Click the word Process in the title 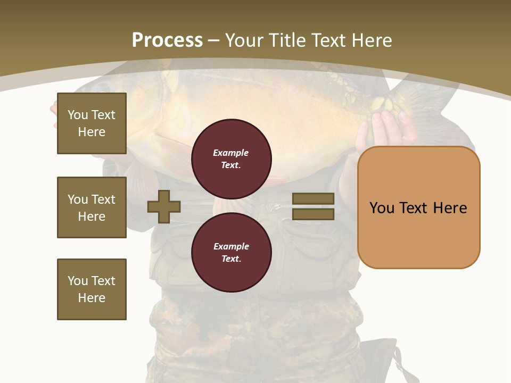[x=167, y=40]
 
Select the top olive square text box [x=92, y=123]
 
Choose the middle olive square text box [x=92, y=207]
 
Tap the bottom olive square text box [x=92, y=289]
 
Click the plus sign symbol [x=164, y=206]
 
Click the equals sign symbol [x=313, y=206]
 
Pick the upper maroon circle [x=231, y=159]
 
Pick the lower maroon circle [x=231, y=253]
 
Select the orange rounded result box [x=418, y=207]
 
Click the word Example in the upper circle [x=230, y=153]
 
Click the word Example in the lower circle [x=231, y=247]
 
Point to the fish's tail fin [x=421, y=101]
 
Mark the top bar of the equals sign [x=313, y=199]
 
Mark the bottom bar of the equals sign [x=313, y=214]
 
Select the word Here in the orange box [x=450, y=208]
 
